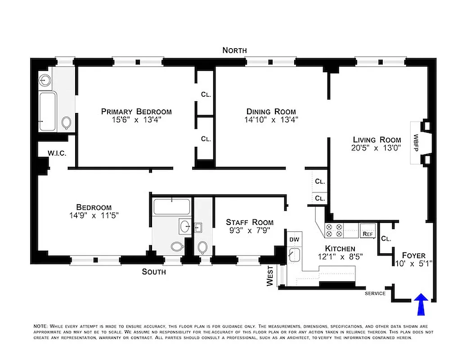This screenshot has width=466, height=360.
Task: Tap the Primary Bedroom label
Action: click(136, 112)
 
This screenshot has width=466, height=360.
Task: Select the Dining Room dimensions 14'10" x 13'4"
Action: click(271, 120)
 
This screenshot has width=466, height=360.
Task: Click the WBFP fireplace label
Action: click(416, 143)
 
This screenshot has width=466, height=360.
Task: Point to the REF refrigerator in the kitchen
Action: click(367, 234)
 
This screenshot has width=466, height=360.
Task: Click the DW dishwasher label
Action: click(294, 240)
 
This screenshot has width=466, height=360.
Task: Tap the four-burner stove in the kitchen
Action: click(335, 230)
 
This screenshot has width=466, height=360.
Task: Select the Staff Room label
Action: click(249, 222)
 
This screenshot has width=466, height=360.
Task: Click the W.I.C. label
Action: click(57, 153)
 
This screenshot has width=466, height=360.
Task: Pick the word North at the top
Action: click(234, 50)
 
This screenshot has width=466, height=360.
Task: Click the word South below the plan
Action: click(154, 272)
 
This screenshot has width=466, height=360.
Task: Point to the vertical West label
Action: click(270, 275)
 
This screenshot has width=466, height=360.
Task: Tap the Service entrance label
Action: click(375, 293)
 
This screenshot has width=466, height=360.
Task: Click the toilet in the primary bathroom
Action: click(67, 122)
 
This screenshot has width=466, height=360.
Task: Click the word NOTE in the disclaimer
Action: click(40, 326)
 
